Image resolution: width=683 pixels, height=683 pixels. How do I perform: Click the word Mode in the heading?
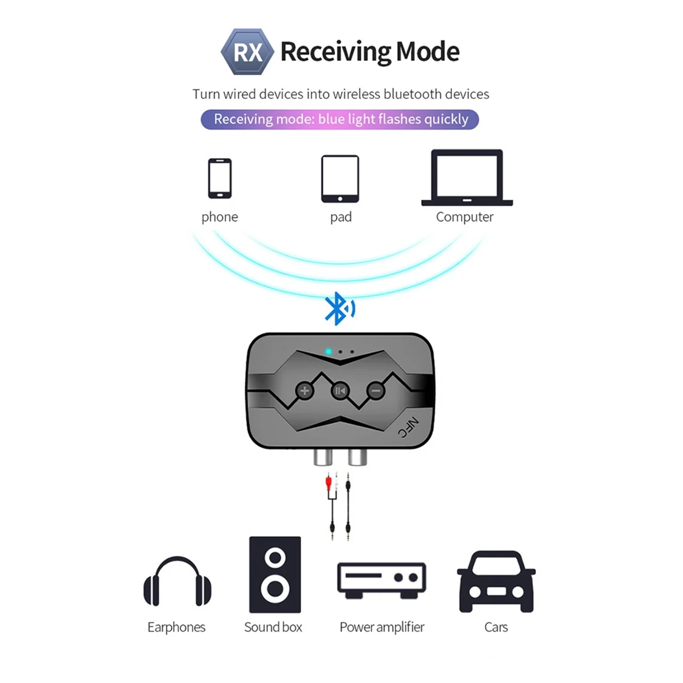427,52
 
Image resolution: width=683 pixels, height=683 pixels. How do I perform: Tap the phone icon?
220,178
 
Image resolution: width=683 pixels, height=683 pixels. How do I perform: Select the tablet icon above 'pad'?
340,179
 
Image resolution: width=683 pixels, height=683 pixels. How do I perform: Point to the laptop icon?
467,177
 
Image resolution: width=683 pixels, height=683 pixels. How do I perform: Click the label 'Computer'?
464,217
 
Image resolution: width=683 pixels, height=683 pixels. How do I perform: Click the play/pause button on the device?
340,390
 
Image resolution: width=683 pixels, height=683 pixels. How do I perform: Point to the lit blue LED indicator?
328,352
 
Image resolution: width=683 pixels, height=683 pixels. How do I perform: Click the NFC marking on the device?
408,428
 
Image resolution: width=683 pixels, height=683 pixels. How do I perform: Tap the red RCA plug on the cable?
328,484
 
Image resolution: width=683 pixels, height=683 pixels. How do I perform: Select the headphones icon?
177,582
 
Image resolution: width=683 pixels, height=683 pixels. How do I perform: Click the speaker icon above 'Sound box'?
275,574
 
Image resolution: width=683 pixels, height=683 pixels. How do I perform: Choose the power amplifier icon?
381,579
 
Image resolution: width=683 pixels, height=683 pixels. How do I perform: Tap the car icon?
496,581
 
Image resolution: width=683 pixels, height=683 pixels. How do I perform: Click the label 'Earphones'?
176,627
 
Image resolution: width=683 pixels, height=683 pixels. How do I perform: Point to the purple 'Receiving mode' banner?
340,120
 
